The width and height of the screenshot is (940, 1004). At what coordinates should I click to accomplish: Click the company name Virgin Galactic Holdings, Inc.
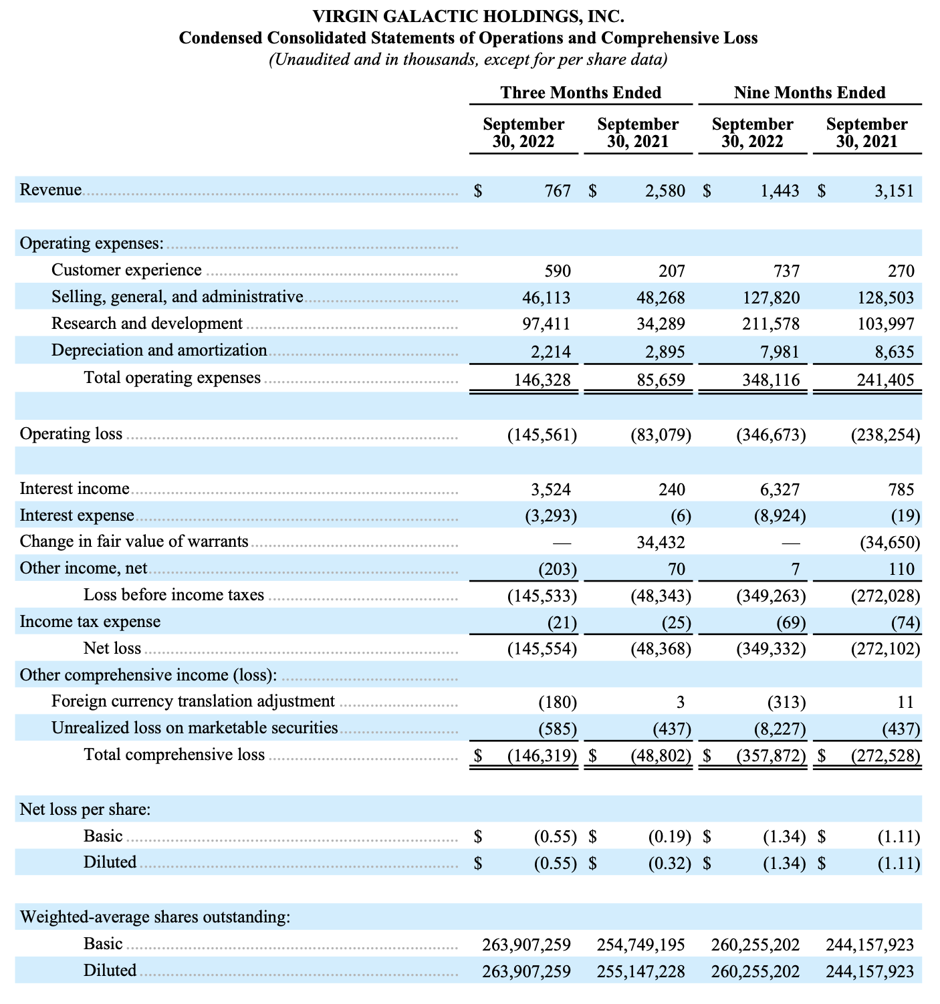pyautogui.click(x=468, y=15)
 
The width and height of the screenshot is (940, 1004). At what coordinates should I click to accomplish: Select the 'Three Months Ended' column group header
pyautogui.click(x=580, y=93)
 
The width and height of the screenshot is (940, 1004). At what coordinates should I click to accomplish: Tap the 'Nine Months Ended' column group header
pyautogui.click(x=809, y=93)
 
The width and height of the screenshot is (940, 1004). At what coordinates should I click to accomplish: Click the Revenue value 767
pyautogui.click(x=558, y=191)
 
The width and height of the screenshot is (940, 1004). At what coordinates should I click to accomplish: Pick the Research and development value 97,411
pyautogui.click(x=546, y=324)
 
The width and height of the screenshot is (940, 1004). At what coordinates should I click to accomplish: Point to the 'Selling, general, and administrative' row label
pyautogui.click(x=177, y=297)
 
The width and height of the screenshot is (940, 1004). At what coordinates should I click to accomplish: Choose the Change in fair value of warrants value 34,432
pyautogui.click(x=660, y=542)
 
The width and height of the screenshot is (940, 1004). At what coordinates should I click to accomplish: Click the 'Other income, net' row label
pyautogui.click(x=84, y=568)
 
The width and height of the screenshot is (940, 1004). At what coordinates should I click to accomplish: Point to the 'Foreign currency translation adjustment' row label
pyautogui.click(x=193, y=701)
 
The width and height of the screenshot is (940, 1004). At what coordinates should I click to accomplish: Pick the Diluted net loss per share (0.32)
pyautogui.click(x=669, y=863)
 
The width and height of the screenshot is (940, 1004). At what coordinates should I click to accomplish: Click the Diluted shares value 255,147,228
pyautogui.click(x=640, y=971)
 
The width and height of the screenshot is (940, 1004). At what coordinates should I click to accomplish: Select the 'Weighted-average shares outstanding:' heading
pyautogui.click(x=155, y=917)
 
